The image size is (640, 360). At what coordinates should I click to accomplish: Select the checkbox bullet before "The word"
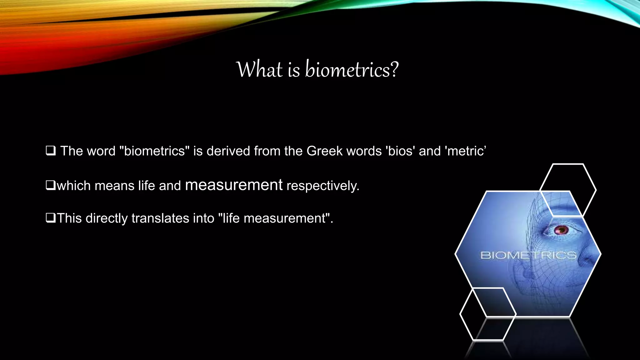tap(51, 151)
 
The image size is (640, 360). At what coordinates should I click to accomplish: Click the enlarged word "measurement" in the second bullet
tap(234, 185)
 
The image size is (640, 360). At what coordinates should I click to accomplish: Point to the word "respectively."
tap(323, 186)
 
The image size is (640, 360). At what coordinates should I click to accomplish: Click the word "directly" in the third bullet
tap(107, 218)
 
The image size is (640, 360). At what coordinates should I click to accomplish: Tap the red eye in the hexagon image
tap(561, 231)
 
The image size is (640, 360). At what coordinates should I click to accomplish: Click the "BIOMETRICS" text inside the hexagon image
tap(528, 255)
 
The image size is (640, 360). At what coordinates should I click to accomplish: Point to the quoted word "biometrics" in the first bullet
tap(155, 151)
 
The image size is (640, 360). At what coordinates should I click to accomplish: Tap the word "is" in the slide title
tap(294, 69)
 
